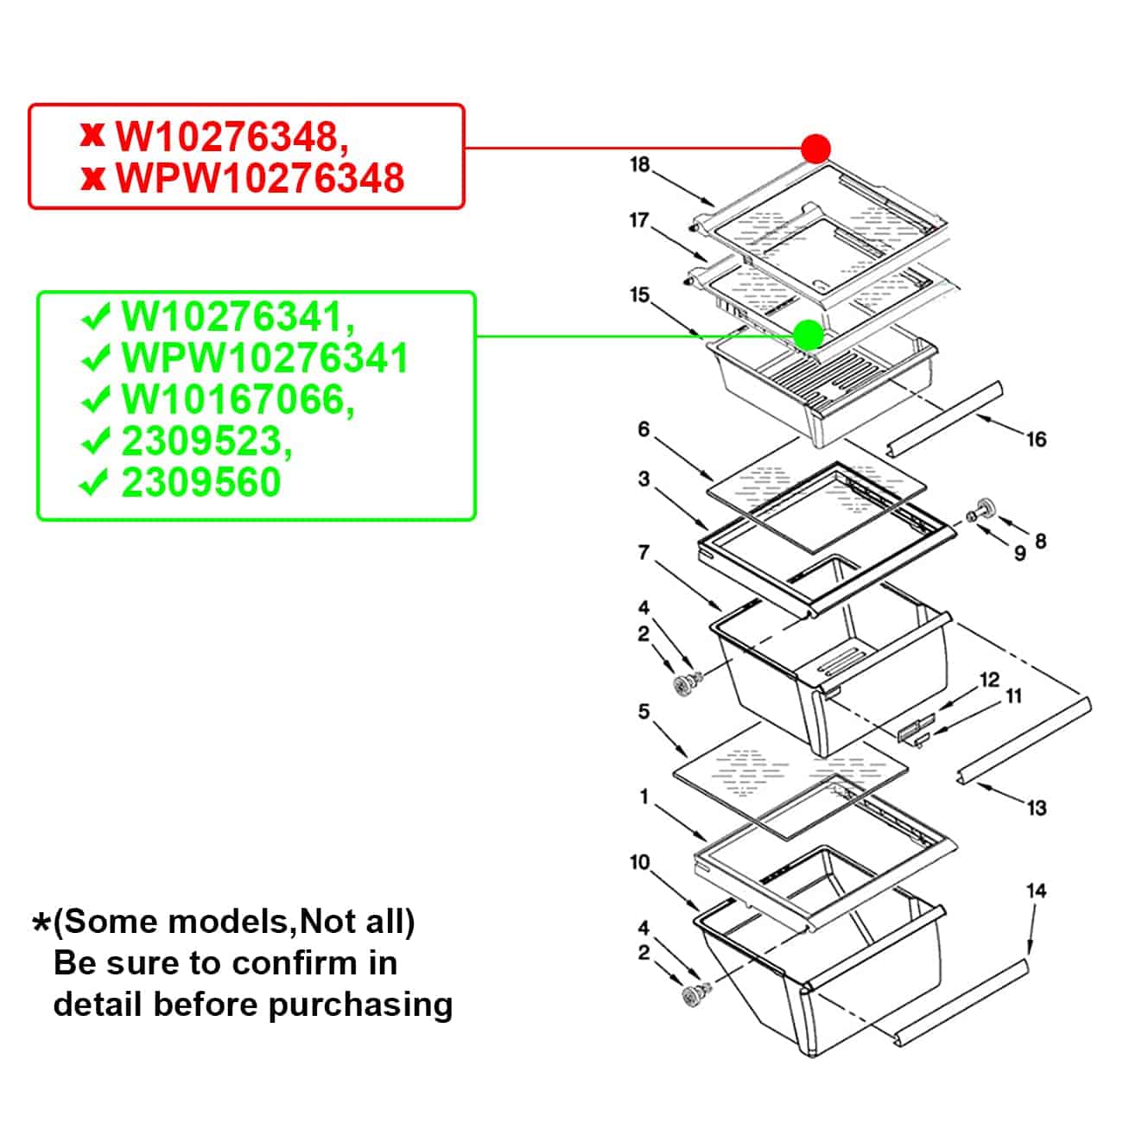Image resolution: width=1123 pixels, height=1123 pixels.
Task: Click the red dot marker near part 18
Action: [815, 149]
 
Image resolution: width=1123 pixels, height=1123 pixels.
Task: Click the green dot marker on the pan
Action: [809, 335]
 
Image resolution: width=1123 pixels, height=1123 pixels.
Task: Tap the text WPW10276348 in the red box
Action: [259, 177]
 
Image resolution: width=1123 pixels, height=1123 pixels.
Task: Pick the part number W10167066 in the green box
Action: [238, 399]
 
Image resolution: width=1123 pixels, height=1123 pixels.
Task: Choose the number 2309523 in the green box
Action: [206, 441]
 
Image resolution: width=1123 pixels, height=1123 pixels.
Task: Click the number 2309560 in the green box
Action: [201, 482]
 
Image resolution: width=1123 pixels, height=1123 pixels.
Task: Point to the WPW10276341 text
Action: [264, 358]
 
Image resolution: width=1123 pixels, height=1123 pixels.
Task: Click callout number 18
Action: [639, 164]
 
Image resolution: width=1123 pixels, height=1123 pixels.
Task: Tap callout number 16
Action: [1036, 440]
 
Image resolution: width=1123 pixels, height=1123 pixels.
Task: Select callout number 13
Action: [1037, 808]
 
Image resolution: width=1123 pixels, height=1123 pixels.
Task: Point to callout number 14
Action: [1036, 891]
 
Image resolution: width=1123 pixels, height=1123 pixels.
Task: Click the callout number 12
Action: [990, 680]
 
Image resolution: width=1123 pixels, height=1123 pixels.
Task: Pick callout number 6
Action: [644, 429]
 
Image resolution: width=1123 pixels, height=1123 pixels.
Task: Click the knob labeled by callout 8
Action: [984, 508]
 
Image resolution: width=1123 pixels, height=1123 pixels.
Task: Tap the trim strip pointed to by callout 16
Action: [944, 417]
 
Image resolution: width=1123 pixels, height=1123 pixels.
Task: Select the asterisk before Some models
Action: [41, 923]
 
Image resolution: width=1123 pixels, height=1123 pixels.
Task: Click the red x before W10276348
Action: [92, 136]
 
